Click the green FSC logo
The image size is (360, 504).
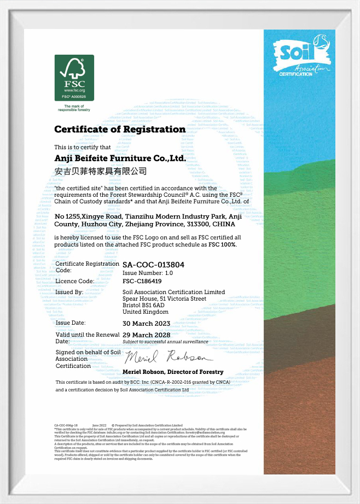pos(74,77)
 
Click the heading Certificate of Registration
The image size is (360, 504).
pos(120,130)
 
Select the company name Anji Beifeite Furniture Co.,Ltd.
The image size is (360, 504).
pos(120,159)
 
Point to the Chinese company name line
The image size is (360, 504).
pos(101,172)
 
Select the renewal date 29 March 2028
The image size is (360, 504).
pos(146,335)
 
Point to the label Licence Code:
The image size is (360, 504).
pos(75,281)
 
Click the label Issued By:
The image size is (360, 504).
pos(69,292)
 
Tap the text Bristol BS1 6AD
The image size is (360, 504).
pos(147,305)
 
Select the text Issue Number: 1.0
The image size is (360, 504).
pos(148,272)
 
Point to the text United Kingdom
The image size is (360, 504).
pos(146,312)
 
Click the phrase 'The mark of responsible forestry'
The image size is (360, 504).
pos(74,108)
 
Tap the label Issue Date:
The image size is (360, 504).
pos(71,323)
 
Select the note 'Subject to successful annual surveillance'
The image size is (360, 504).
pos(165,341)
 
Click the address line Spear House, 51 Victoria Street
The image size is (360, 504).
pos(164,298)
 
